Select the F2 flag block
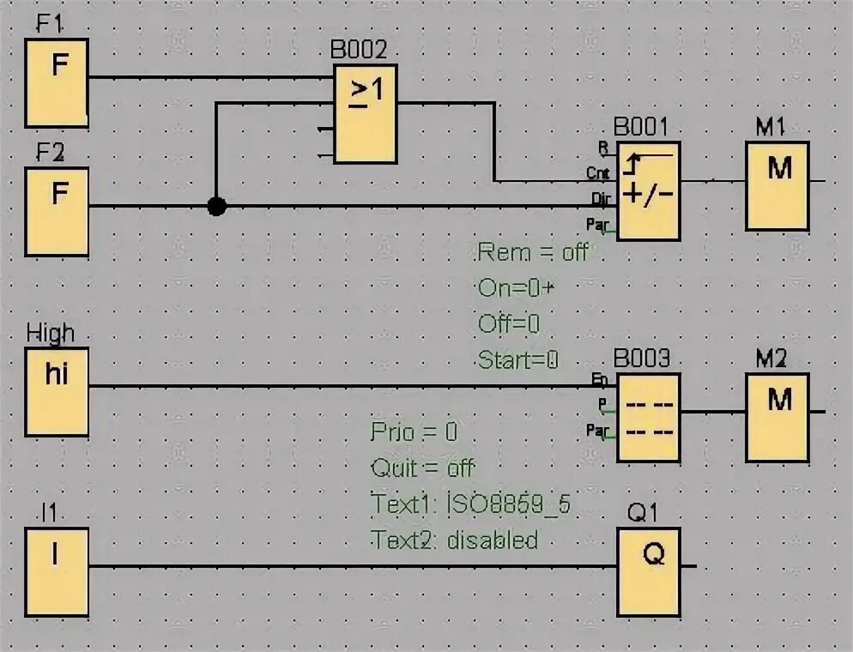(x=57, y=211)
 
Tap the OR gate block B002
(x=366, y=114)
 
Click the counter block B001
(x=649, y=190)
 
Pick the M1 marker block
(x=777, y=185)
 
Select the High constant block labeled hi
(x=57, y=391)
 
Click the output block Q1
(x=649, y=571)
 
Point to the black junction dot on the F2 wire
(x=217, y=206)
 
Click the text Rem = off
(x=533, y=252)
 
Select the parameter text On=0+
(x=516, y=288)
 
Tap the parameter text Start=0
(x=518, y=360)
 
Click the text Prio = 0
(x=414, y=432)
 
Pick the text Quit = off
(x=422, y=468)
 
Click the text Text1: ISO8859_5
(x=471, y=504)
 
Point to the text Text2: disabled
(x=455, y=540)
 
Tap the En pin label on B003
(x=600, y=379)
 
